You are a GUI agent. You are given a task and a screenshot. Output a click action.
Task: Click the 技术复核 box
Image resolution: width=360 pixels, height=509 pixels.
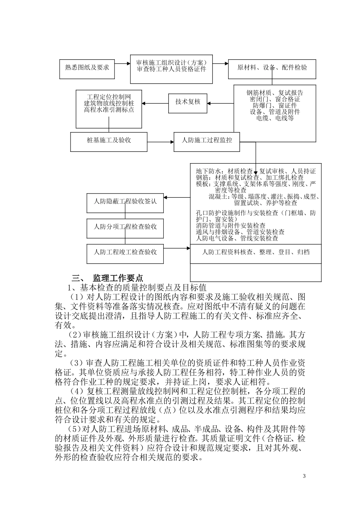[x=188, y=102]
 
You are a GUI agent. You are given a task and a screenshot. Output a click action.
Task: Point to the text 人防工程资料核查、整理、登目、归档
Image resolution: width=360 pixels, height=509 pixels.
[x=256, y=252]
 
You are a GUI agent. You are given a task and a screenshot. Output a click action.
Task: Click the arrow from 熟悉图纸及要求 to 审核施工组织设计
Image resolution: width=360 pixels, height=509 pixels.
[x=122, y=64]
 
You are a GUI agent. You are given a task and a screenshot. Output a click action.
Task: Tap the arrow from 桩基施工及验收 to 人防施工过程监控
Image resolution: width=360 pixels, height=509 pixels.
[x=160, y=142]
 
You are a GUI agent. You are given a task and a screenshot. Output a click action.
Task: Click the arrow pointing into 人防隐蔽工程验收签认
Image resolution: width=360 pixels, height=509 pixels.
[x=177, y=197]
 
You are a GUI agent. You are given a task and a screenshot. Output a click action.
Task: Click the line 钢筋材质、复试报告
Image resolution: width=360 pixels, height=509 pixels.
[x=275, y=93]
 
